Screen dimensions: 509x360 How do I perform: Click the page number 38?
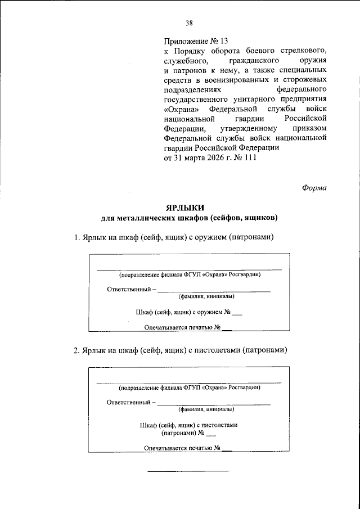tap(189, 23)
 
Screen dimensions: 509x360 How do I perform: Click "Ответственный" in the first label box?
tap(129, 289)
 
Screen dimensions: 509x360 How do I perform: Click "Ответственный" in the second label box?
tap(129, 402)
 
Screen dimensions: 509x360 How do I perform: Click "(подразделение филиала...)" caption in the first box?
tap(189, 275)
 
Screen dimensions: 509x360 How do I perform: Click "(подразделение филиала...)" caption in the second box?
tap(189, 388)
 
